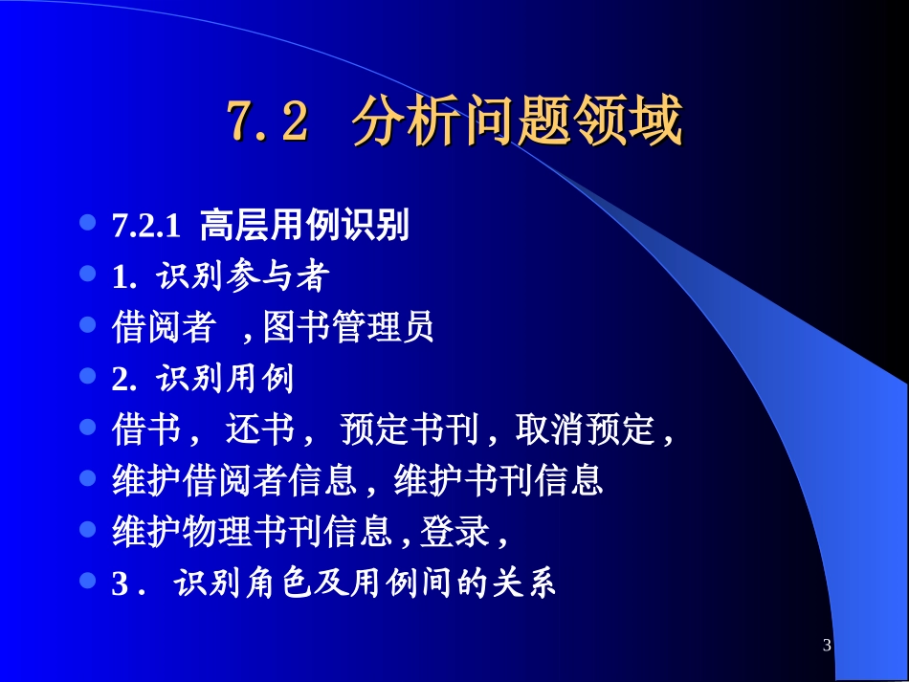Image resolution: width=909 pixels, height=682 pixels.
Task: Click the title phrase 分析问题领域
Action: click(517, 122)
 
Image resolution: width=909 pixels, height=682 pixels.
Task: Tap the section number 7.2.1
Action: click(146, 228)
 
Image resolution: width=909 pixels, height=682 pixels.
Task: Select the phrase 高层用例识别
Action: click(304, 227)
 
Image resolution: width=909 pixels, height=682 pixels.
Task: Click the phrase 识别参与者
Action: click(244, 277)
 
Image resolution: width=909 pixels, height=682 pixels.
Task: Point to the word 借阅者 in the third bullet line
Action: click(164, 328)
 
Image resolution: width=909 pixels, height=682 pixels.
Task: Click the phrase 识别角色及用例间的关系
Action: click(365, 583)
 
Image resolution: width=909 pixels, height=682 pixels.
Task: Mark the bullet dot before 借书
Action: click(88, 426)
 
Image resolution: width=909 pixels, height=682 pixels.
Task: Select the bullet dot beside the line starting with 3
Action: click(88, 579)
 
